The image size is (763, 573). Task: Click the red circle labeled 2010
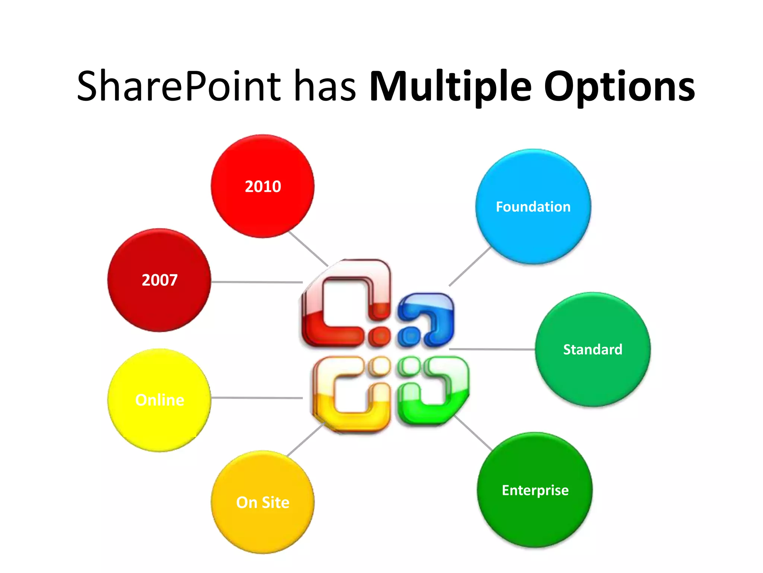[x=263, y=187]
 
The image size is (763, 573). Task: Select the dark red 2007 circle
[x=159, y=280]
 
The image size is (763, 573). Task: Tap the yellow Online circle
[x=159, y=400]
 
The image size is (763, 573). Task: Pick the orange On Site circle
[x=263, y=502]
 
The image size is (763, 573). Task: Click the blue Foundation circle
[x=533, y=207]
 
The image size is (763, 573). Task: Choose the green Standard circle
[x=593, y=350]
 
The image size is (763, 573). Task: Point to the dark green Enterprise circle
[x=535, y=490]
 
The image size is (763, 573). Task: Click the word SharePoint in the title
[x=179, y=87]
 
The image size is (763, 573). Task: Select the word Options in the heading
[x=619, y=87]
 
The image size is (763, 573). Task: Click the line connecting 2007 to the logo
[x=257, y=282]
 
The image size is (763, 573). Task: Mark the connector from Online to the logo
[x=257, y=398]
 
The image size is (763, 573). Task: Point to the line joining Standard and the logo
[x=492, y=349]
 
